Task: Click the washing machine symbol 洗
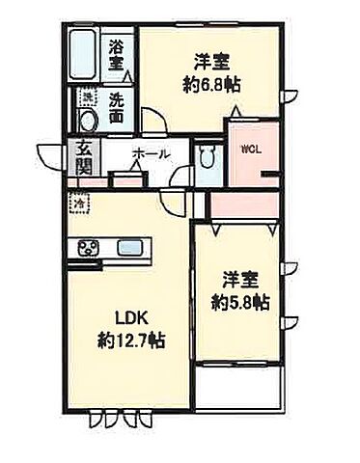tap(87, 97)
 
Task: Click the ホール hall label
tap(151, 154)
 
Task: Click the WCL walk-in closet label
tap(250, 149)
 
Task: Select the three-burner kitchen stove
tap(89, 248)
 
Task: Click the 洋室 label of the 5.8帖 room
tap(239, 280)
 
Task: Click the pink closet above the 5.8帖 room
tap(245, 205)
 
